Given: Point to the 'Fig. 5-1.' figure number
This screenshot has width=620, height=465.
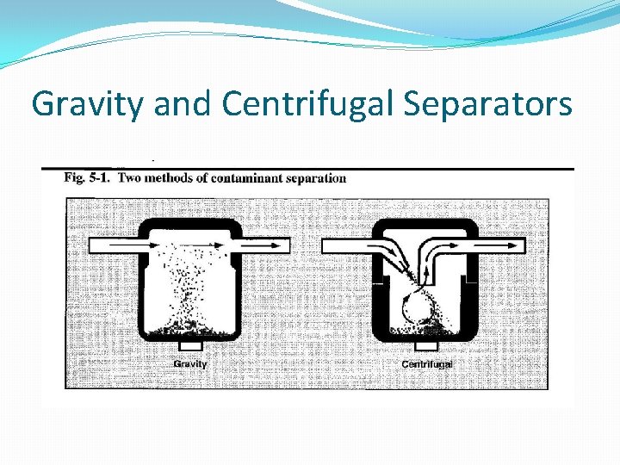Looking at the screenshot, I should (x=87, y=178).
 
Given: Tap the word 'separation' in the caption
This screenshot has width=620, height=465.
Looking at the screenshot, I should (x=315, y=178).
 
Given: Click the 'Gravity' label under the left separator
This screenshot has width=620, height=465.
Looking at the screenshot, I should (x=190, y=363).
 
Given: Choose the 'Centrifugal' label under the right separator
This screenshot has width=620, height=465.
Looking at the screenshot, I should (x=427, y=363).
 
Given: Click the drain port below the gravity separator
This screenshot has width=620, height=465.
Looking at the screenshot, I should (x=189, y=344).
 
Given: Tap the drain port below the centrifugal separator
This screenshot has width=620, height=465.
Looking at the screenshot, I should (x=426, y=345).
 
